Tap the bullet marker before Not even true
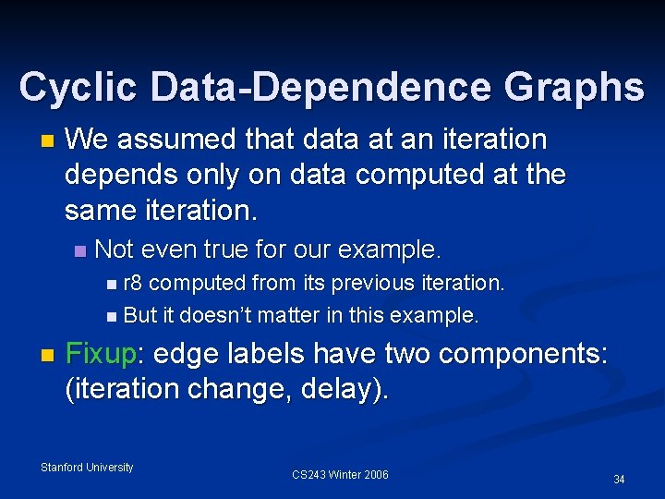tap(80, 250)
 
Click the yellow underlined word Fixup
tap(100, 354)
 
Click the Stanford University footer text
tap(87, 468)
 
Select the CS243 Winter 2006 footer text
tap(340, 475)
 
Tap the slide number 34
tap(619, 479)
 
